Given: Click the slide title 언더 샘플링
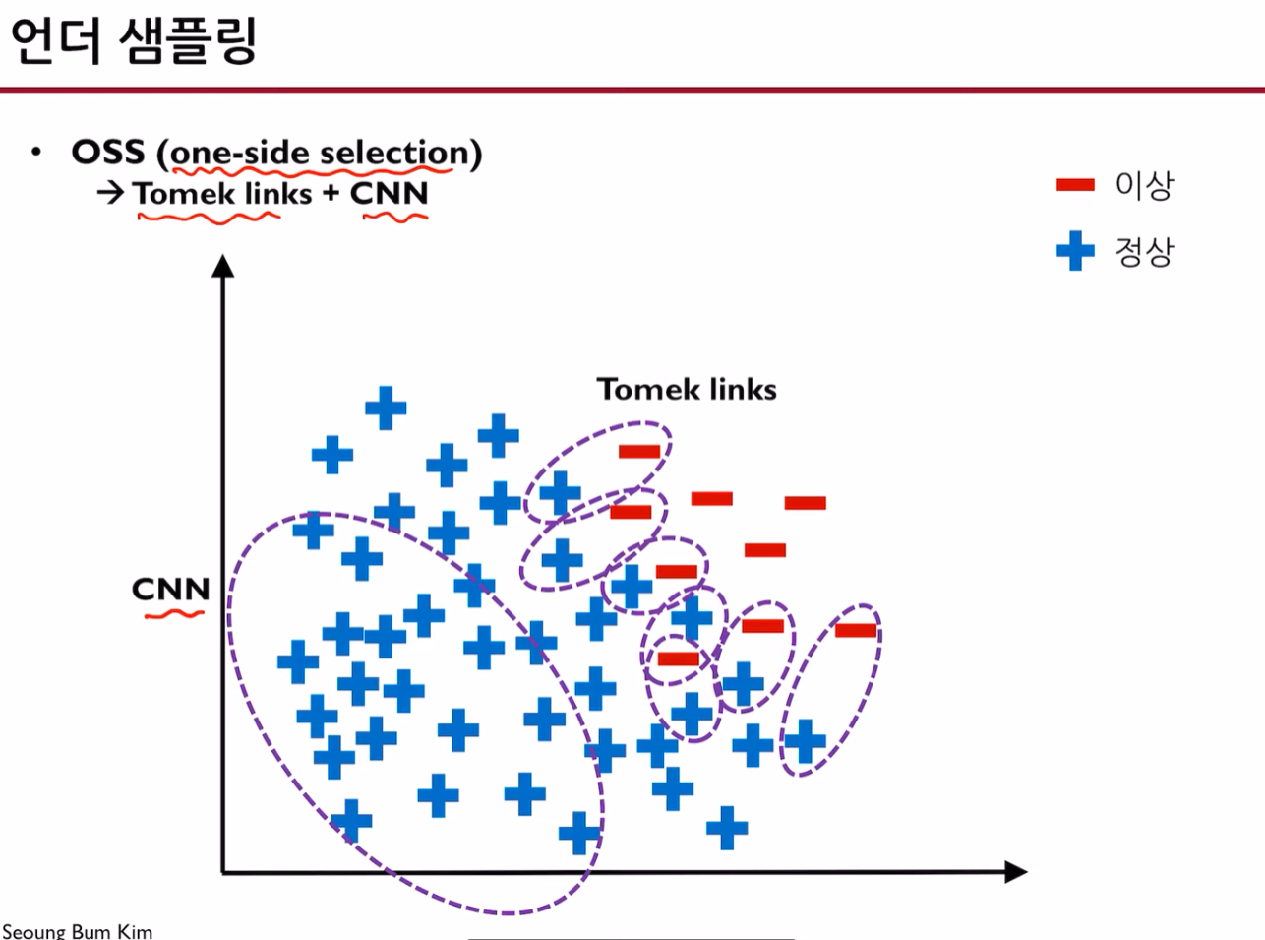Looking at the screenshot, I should pos(133,40).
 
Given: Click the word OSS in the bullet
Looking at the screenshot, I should pos(107,153).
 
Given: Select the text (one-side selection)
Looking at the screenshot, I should pos(326,154).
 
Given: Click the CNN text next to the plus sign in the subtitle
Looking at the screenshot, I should pos(390,193).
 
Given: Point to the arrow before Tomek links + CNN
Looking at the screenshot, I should pos(110,193).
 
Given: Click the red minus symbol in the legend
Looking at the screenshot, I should pos(1075,185).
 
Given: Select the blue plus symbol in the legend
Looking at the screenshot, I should pos(1075,251).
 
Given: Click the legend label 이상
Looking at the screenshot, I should pos(1144,185).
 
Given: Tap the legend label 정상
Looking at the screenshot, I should pos(1144,252).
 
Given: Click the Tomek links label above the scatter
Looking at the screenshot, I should pos(687,390).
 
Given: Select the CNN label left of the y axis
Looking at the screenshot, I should pos(170,590).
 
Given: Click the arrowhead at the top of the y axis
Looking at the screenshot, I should pos(223,266).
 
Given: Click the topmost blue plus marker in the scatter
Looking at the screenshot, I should pos(386,407).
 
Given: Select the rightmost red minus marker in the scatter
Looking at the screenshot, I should pos(856,630).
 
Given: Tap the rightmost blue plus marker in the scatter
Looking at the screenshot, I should pos(805,741).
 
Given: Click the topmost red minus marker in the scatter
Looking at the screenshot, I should pos(639,452).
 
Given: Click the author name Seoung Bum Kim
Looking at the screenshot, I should pos(77,930).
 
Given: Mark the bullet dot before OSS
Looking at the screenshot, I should pos(36,153).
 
